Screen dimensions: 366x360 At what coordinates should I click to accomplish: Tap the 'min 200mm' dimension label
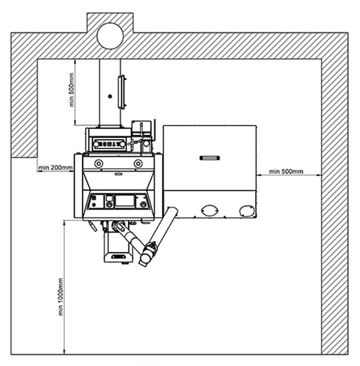click(55, 168)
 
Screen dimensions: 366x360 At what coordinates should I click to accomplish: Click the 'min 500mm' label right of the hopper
click(286, 172)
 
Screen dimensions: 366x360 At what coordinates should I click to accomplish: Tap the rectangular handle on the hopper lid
click(210, 158)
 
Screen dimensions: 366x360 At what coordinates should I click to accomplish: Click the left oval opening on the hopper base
click(210, 210)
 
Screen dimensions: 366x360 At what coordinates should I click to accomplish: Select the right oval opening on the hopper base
click(246, 210)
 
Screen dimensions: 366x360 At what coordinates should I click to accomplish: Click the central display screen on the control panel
click(124, 201)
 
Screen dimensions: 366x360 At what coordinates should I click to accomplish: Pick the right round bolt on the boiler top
click(138, 163)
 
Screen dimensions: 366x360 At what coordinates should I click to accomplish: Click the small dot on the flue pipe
click(110, 96)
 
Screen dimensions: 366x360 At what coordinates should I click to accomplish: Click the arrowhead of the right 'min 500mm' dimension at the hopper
click(259, 174)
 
